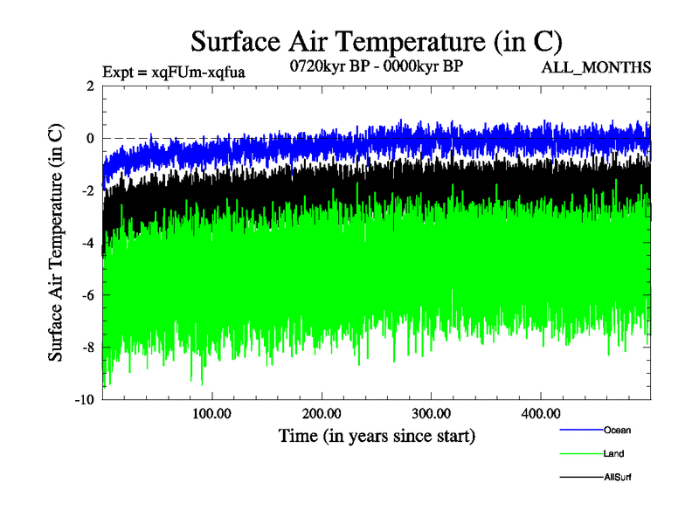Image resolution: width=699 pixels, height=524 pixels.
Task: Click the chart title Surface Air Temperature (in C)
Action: pyautogui.click(x=376, y=40)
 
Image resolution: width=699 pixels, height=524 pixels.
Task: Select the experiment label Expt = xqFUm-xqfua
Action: pyautogui.click(x=174, y=72)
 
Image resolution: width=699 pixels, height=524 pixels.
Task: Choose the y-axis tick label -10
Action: pyautogui.click(x=85, y=400)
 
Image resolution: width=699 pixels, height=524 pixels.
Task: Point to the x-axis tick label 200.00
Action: pyautogui.click(x=321, y=413)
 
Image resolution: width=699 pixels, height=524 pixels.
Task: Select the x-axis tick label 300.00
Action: pyautogui.click(x=431, y=413)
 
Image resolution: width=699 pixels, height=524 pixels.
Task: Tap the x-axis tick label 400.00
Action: pyautogui.click(x=541, y=413)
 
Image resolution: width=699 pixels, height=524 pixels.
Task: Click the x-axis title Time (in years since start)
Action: pyautogui.click(x=377, y=434)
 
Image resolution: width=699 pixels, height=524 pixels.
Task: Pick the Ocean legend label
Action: pyautogui.click(x=616, y=430)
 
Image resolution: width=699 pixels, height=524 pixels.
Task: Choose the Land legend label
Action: pyautogui.click(x=613, y=453)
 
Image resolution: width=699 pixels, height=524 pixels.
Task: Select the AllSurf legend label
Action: pyautogui.click(x=617, y=477)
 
